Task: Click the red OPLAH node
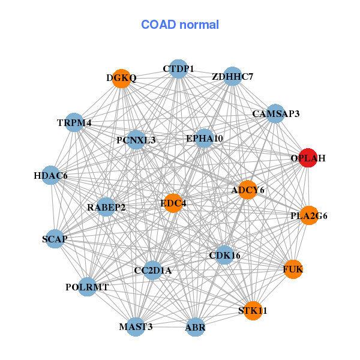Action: pos(308,158)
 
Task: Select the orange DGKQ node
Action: pos(121,79)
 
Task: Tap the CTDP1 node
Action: pos(178,69)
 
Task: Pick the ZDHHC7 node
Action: pos(233,76)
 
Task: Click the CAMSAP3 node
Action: pos(275,113)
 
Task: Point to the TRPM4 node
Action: pos(74,122)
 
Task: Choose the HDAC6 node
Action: pos(51,175)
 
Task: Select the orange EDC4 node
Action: pos(173,203)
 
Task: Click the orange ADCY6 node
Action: pos(247,190)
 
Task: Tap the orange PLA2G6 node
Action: pos(309,215)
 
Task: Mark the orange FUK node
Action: pos(293,269)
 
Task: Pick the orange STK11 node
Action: pos(253,311)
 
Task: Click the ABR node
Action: pos(195,327)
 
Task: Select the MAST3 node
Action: pos(136,327)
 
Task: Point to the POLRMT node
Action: pos(87,287)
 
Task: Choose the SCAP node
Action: pos(55,239)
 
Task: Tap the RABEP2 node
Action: pos(106,207)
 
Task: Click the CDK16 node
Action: pos(224,255)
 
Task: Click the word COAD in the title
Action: pos(158,25)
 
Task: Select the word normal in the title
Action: pos(199,25)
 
